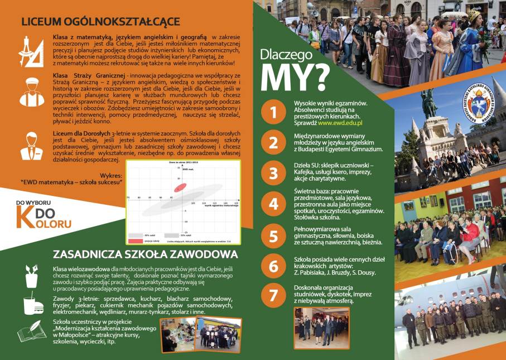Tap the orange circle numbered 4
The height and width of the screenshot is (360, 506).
(273, 204)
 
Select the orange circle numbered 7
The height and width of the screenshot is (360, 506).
(273, 295)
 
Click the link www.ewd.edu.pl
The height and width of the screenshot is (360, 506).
(340, 122)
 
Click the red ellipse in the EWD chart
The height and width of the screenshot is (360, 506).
(180, 188)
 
